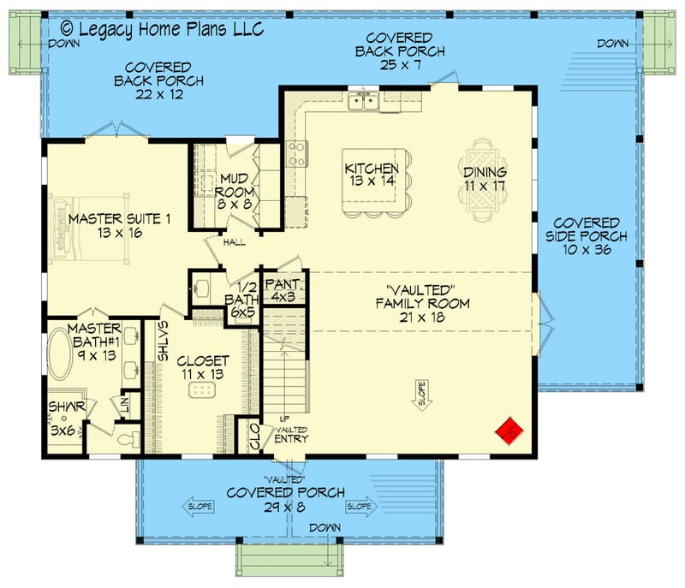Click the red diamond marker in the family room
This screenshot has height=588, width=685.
(x=511, y=431)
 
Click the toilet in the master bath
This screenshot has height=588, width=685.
(x=126, y=439)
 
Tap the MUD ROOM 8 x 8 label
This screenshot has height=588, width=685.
(x=234, y=192)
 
